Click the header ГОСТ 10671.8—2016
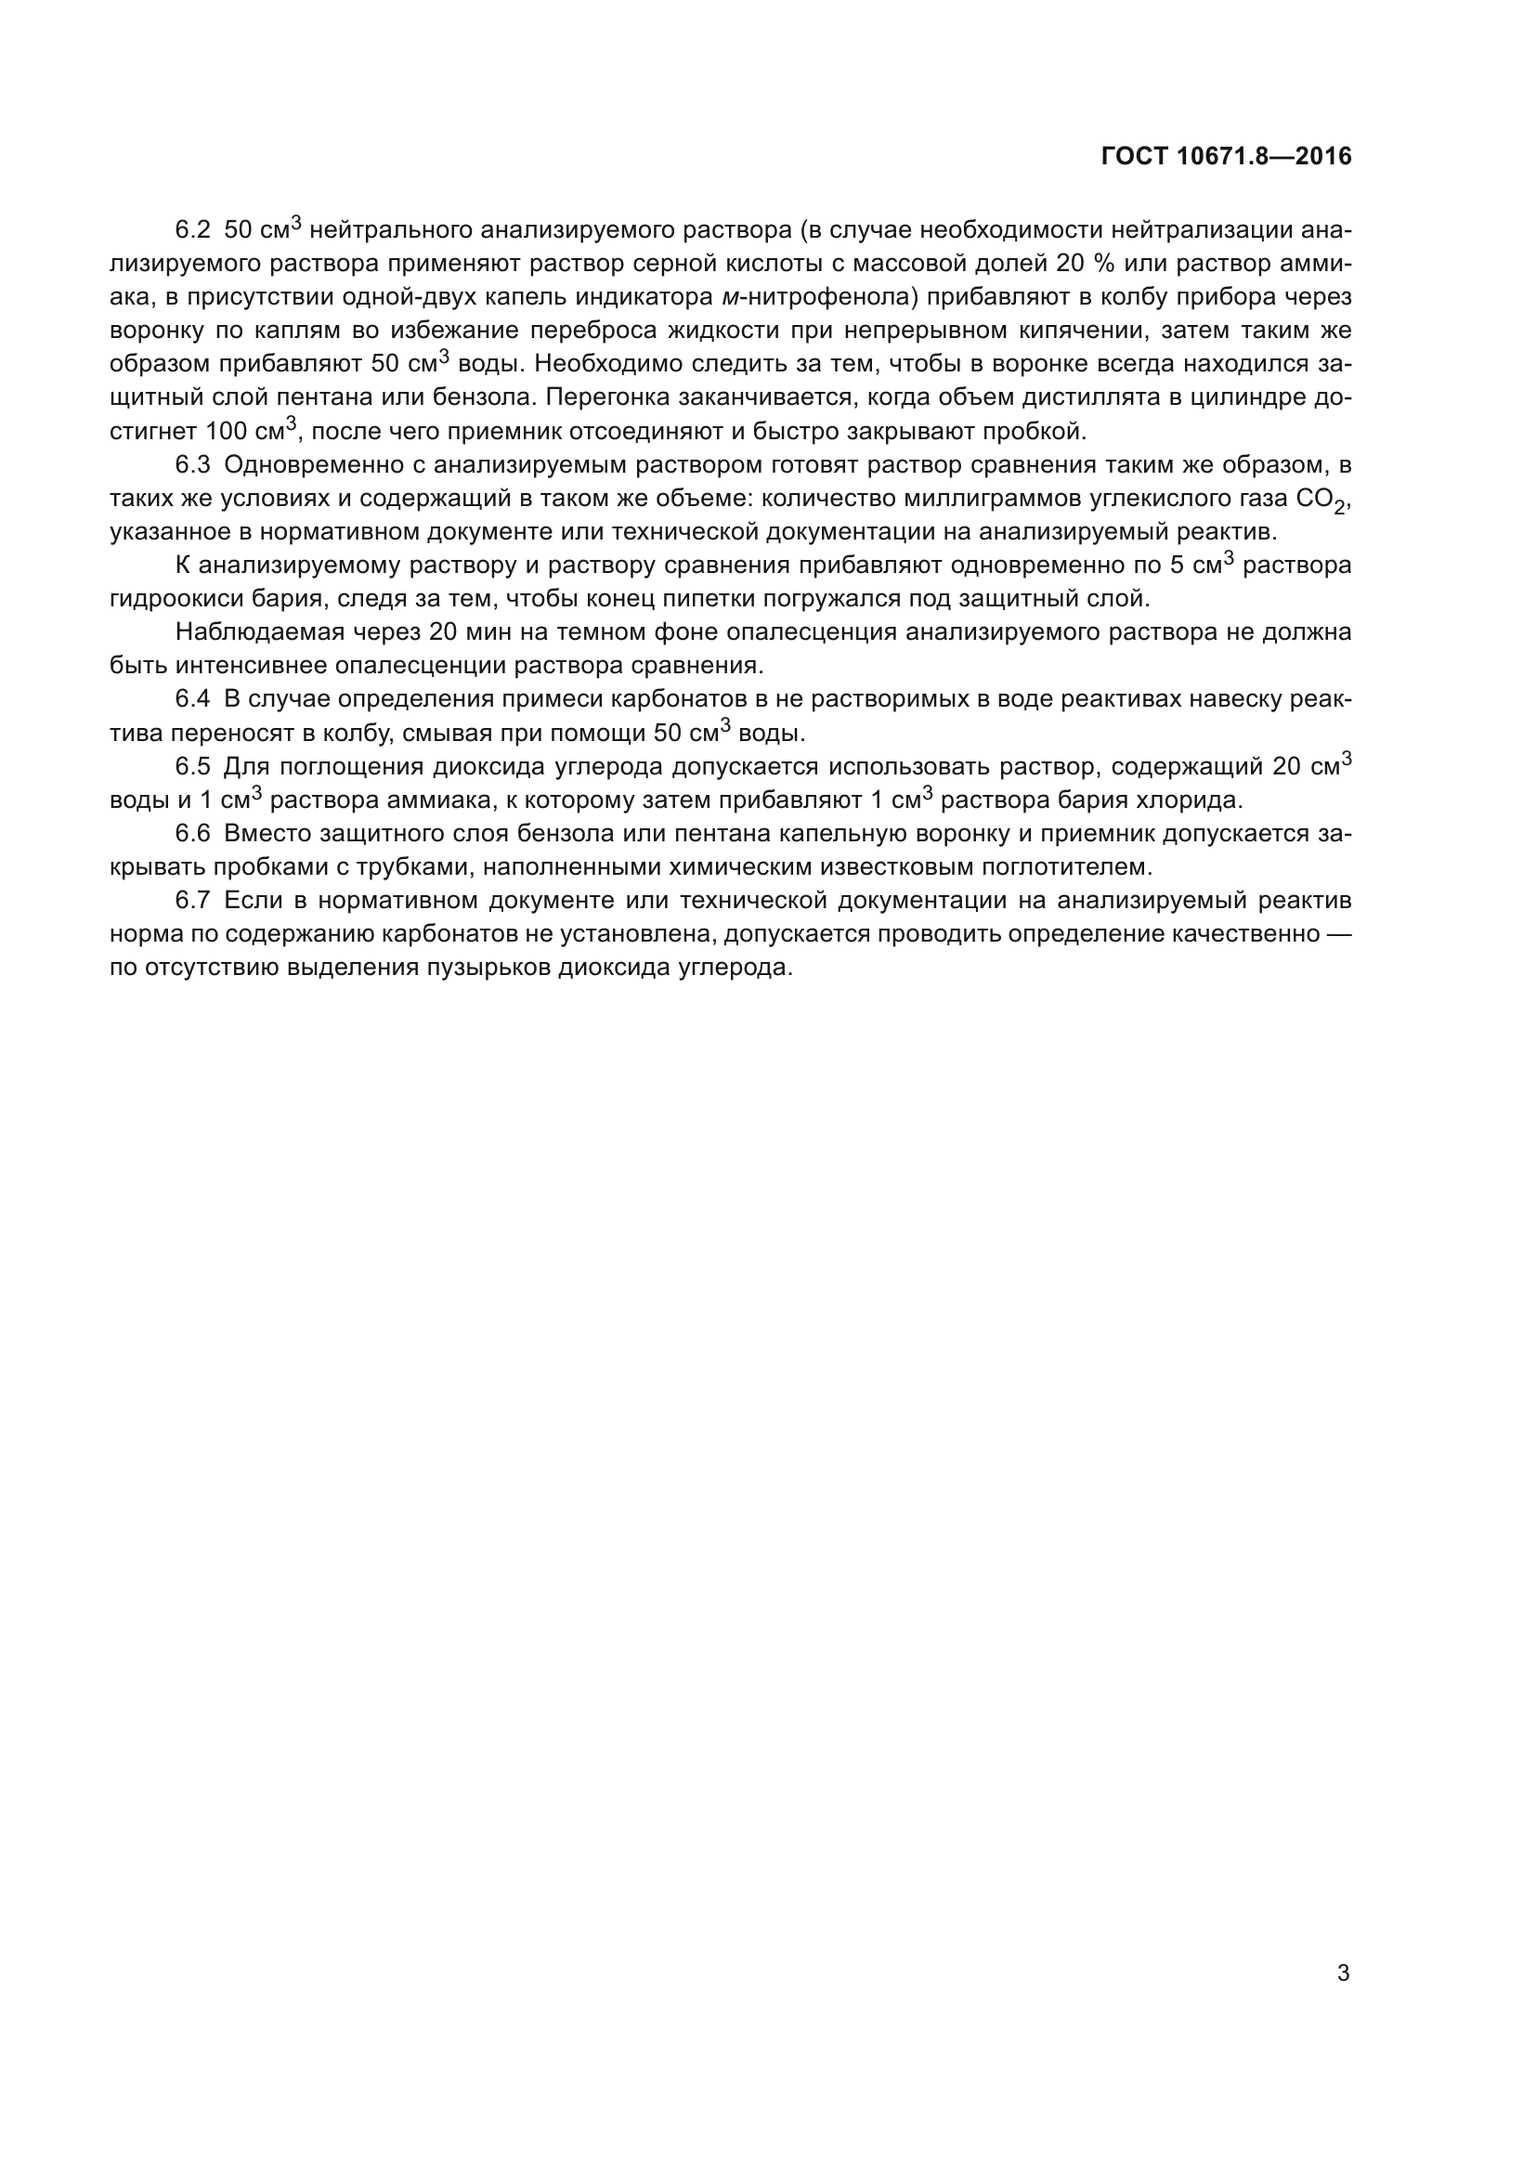click(1226, 156)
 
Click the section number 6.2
click(193, 230)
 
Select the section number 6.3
click(193, 464)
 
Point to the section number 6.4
click(193, 699)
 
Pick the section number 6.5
click(193, 766)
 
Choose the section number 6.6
click(193, 833)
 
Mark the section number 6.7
click(193, 900)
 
